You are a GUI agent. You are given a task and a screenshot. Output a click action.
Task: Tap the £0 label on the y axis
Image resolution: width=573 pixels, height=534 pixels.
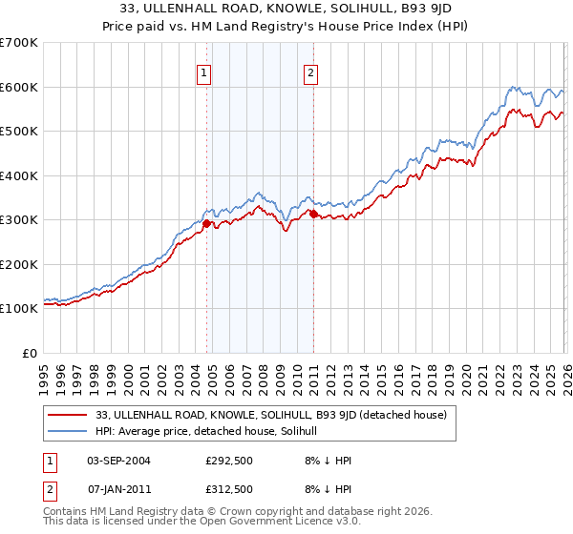tap(30, 353)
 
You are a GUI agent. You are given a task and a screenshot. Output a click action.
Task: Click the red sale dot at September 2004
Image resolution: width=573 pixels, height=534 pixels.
tap(206, 223)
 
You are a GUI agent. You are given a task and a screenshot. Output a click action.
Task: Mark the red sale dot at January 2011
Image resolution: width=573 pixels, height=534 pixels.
tap(313, 215)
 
